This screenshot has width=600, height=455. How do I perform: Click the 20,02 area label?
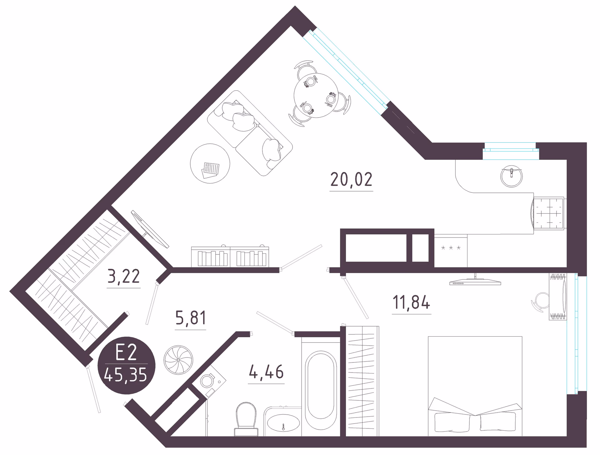pos(351,180)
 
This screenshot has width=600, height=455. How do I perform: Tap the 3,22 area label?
pos(123,277)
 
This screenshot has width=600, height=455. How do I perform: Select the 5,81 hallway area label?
pos(191,318)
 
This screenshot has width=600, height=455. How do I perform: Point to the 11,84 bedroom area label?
pos(411,302)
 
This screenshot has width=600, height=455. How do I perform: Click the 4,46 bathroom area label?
pos(266,372)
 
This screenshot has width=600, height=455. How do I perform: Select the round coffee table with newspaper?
pos(210,163)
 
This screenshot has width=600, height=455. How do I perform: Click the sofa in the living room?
pos(250,133)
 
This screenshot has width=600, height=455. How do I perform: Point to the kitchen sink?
pos(512,177)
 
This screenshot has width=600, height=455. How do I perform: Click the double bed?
pos(475,386)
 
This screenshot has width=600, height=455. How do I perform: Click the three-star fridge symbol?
pos(451,248)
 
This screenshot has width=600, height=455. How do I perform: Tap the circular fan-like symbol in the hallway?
pos(178,360)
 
